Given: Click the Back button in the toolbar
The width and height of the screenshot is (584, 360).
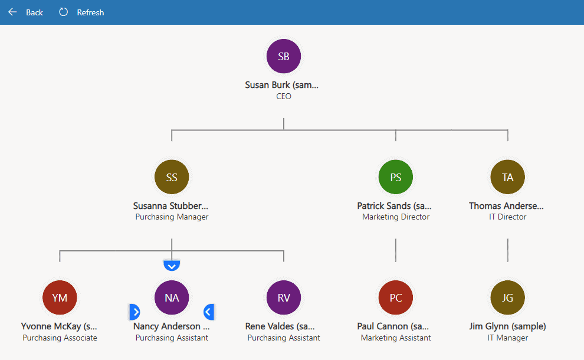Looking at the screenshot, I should [26, 12].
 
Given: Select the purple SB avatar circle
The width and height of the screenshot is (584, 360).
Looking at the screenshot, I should [284, 57].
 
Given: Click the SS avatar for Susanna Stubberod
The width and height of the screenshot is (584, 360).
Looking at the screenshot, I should [172, 177].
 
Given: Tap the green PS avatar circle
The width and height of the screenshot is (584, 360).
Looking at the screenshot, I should [396, 177].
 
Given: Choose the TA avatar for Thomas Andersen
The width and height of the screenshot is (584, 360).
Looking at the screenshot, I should [507, 177].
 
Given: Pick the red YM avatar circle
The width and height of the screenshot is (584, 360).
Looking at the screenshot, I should [60, 297].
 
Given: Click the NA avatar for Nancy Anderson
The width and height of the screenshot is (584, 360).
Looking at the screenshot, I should [172, 297].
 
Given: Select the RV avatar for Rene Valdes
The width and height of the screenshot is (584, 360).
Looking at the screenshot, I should [284, 297].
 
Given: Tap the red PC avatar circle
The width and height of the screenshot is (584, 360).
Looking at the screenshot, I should [396, 297].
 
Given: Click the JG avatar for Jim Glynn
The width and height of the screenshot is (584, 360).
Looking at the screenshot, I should [507, 297].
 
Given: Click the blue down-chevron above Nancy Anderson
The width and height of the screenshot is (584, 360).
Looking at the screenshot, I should [171, 266].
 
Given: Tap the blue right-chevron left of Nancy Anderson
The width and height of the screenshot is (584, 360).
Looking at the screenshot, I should [134, 312].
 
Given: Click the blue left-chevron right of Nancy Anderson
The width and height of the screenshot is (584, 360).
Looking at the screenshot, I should [208, 312].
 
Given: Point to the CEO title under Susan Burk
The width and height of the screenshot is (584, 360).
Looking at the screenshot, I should [284, 96].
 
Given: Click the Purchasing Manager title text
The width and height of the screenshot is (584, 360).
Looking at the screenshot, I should [172, 217].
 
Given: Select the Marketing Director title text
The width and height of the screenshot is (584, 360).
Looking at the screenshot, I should [396, 217].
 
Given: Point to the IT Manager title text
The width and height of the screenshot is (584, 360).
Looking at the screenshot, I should [507, 338].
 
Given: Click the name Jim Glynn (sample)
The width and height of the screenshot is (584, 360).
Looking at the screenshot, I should [507, 326].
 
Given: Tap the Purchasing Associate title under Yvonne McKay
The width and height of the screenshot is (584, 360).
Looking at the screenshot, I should [60, 338].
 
